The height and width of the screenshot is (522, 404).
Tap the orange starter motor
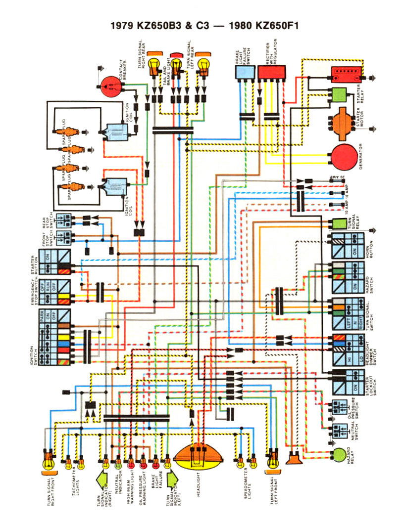pos(341,119)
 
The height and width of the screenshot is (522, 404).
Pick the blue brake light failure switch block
pos(245,73)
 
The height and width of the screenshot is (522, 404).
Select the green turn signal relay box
pos(338,225)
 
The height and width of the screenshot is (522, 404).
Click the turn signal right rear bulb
pos(154,64)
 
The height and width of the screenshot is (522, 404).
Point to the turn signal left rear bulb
pos(203,64)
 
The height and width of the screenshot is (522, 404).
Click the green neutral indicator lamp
pos(118,464)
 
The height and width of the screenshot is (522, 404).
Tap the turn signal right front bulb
pos(49,463)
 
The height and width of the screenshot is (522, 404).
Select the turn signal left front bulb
pos(271,463)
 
